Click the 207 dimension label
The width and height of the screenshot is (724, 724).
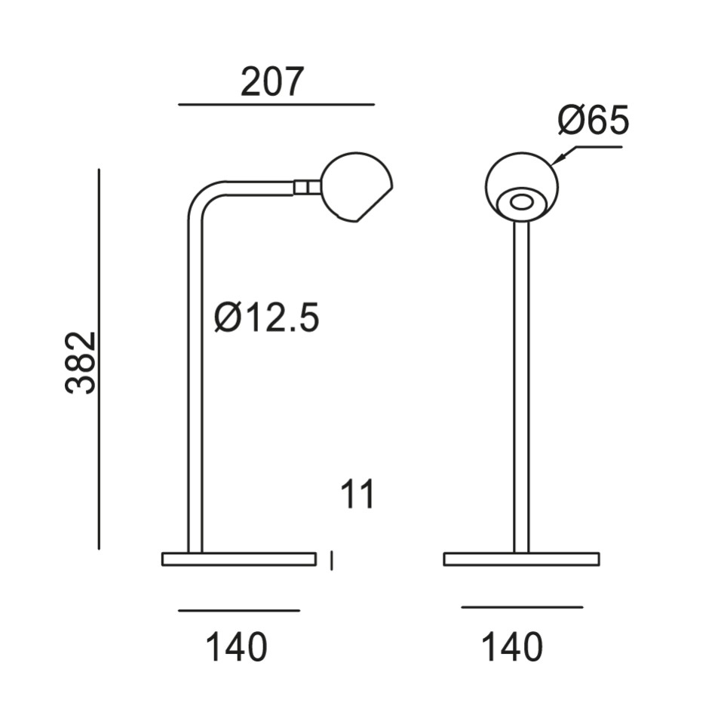coord(272,81)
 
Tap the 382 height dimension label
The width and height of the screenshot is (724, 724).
coord(81,363)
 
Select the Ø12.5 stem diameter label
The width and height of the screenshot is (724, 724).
coord(267,318)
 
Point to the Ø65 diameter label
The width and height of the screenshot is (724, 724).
coord(594,119)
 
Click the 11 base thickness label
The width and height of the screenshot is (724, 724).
coord(357,494)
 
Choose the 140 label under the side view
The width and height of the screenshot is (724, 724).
coord(236,647)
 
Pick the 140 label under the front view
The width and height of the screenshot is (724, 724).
coord(512,647)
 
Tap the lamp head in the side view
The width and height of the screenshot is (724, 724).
coord(356,187)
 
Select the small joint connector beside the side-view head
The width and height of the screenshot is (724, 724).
coord(306,187)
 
